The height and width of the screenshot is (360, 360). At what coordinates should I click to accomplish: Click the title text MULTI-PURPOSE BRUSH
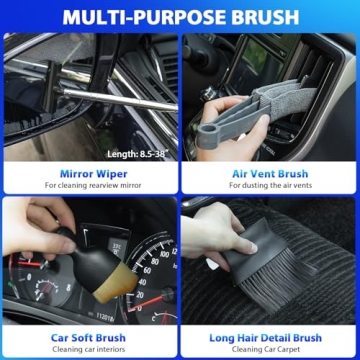point(180,16)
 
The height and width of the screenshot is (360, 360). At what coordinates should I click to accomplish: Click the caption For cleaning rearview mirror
point(89,186)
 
